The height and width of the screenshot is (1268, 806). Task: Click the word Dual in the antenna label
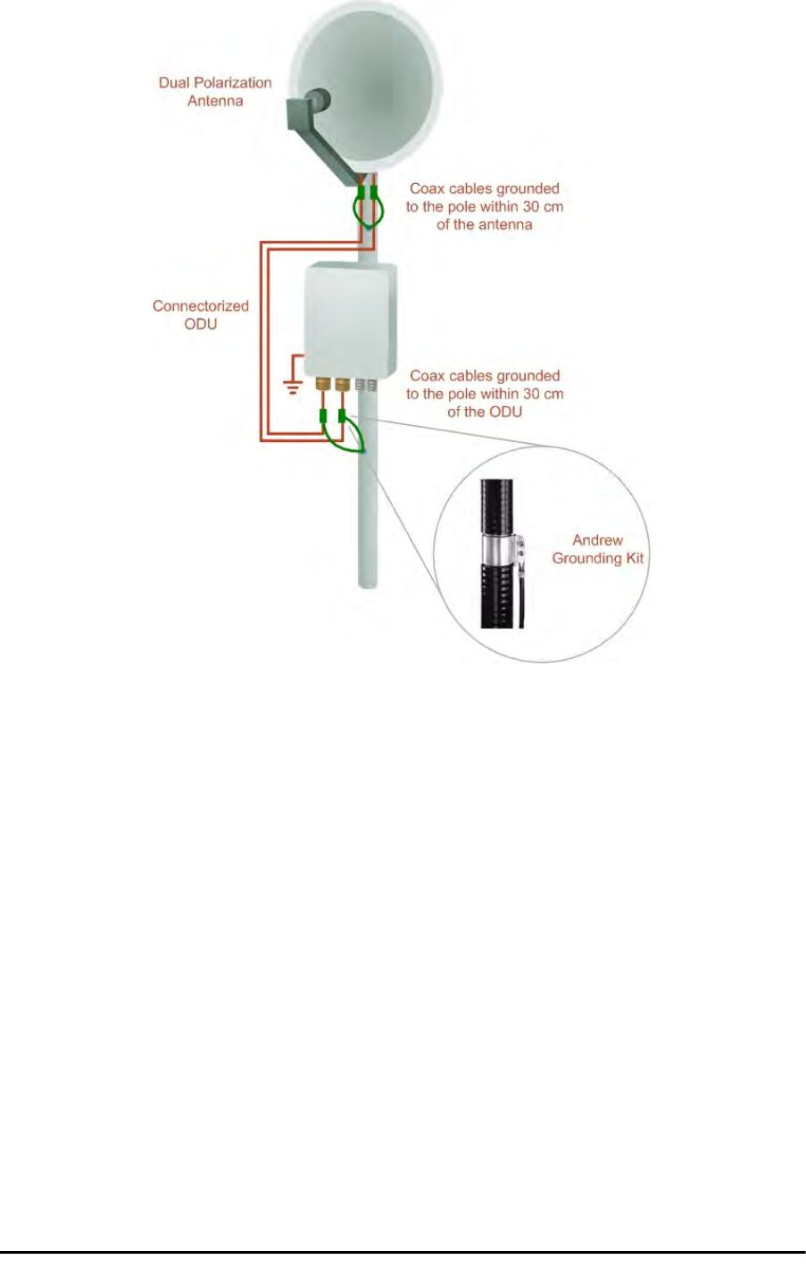point(175,83)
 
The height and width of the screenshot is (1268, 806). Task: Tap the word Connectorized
point(200,306)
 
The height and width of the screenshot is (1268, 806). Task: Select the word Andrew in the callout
point(597,540)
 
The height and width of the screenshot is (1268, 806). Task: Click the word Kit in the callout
point(634,559)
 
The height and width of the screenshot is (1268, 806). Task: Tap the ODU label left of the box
point(200,324)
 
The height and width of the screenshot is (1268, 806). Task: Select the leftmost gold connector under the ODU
point(324,386)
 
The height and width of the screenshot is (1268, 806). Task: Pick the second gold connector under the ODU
point(342,386)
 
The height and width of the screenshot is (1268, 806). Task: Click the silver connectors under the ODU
point(365,386)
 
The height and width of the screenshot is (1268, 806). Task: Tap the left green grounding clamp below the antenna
point(361,193)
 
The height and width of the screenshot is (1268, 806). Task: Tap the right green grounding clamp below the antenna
point(374,193)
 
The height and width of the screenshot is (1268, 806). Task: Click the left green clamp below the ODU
point(323,415)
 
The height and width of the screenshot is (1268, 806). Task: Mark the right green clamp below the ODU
point(342,415)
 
